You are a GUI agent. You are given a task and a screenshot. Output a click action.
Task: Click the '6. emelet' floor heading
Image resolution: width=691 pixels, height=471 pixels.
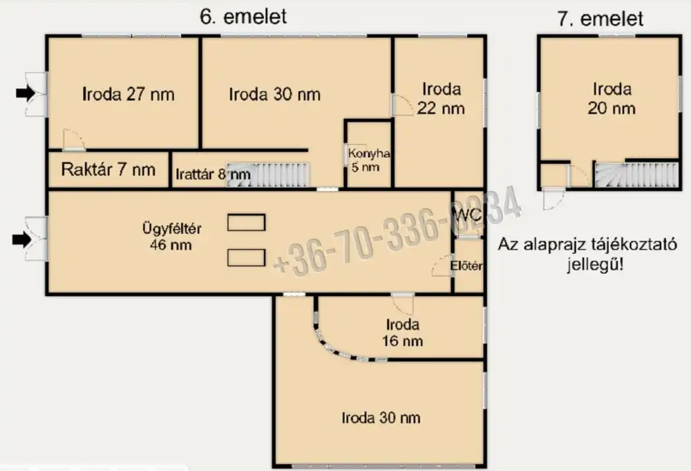(x=243, y=17)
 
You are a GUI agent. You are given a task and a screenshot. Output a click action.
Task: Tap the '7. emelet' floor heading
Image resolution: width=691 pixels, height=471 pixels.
(x=600, y=19)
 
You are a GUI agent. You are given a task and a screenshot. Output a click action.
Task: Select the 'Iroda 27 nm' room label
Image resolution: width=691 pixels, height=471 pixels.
(x=129, y=94)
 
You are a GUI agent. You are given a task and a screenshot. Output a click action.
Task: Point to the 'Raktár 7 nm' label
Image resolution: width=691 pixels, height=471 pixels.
(x=108, y=169)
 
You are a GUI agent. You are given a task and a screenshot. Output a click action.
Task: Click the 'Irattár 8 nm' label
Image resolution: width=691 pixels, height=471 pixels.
(x=214, y=174)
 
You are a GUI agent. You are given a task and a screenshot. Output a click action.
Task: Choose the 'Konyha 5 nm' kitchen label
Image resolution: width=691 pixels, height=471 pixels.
(x=368, y=160)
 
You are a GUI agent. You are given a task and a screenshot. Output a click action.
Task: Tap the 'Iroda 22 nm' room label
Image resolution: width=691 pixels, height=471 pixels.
(x=441, y=98)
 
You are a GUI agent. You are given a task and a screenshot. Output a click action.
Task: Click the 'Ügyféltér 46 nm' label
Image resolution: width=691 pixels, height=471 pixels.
(x=171, y=237)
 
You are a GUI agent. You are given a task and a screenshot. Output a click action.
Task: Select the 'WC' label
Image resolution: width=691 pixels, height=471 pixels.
(x=467, y=215)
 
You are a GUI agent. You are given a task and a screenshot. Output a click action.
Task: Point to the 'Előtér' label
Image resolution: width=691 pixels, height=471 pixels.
(x=466, y=266)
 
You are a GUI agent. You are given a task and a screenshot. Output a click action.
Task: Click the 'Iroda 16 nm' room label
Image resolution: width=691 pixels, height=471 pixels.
(x=402, y=333)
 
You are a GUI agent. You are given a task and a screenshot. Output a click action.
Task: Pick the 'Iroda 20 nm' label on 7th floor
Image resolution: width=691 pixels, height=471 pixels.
(x=612, y=98)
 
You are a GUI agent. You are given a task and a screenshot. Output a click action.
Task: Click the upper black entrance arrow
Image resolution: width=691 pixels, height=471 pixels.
(x=26, y=93)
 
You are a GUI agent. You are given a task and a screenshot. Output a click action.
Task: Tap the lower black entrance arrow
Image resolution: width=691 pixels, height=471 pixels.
(x=22, y=239)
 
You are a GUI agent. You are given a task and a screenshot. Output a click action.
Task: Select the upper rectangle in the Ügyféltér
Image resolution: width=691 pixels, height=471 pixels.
(x=247, y=223)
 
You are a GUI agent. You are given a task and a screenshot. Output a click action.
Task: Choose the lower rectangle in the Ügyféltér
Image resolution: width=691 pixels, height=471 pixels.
(x=247, y=258)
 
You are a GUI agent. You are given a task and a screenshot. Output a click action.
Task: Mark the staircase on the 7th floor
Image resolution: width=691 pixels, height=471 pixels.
(x=636, y=175)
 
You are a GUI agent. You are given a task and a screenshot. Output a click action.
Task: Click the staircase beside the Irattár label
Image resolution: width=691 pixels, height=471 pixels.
(x=269, y=175)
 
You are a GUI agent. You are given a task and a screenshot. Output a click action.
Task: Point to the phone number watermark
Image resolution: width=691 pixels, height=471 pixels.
(x=397, y=230)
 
